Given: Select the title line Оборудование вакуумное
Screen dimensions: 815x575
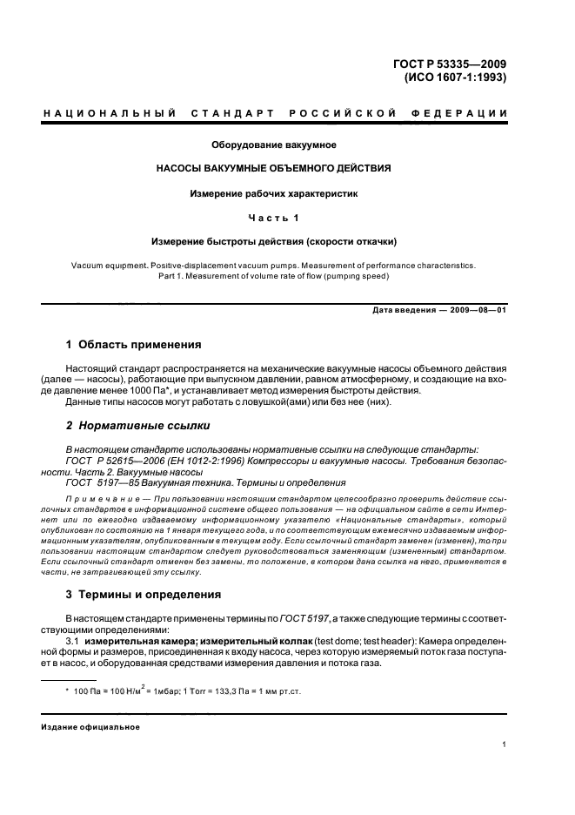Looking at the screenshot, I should coord(274,144).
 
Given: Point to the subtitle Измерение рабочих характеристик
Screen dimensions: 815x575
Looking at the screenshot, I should coord(274,192).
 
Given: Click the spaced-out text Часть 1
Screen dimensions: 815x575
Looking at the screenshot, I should coord(274,217).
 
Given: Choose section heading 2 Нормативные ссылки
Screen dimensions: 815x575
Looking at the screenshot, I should coord(137,426).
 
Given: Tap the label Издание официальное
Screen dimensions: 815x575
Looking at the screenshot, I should coord(90,725).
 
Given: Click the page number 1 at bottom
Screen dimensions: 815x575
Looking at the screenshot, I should coord(505,744).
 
